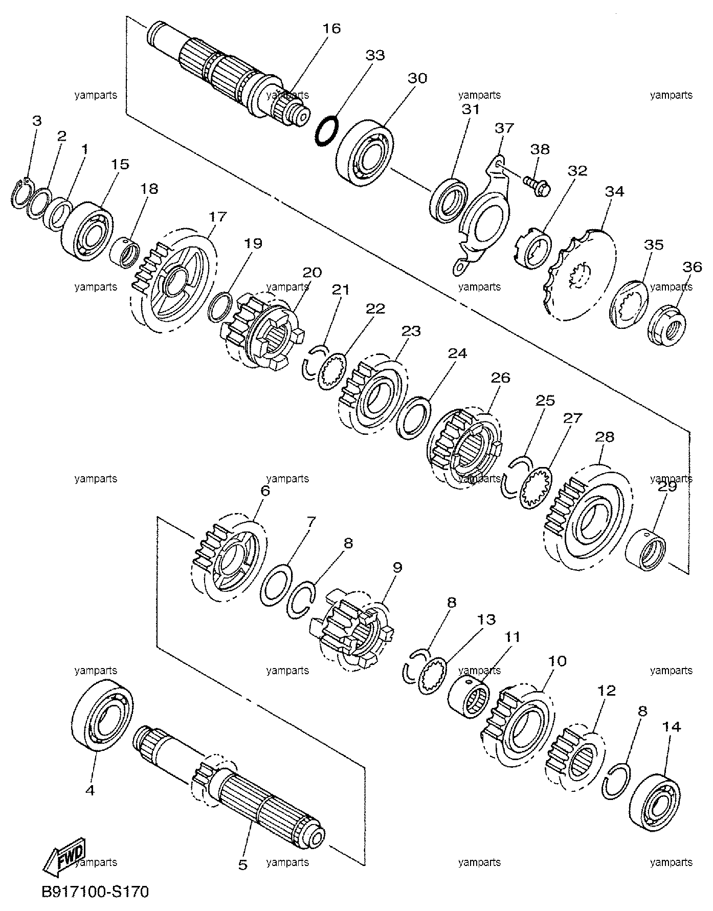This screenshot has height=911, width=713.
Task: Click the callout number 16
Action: tap(332, 28)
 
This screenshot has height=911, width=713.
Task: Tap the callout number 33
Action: tap(375, 55)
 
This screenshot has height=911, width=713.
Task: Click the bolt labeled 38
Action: tap(537, 184)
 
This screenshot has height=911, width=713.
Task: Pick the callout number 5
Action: tap(243, 864)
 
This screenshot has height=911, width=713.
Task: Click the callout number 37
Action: tap(504, 128)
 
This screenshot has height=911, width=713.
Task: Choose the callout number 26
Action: tap(500, 378)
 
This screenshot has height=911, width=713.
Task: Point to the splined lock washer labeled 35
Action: tap(629, 306)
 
